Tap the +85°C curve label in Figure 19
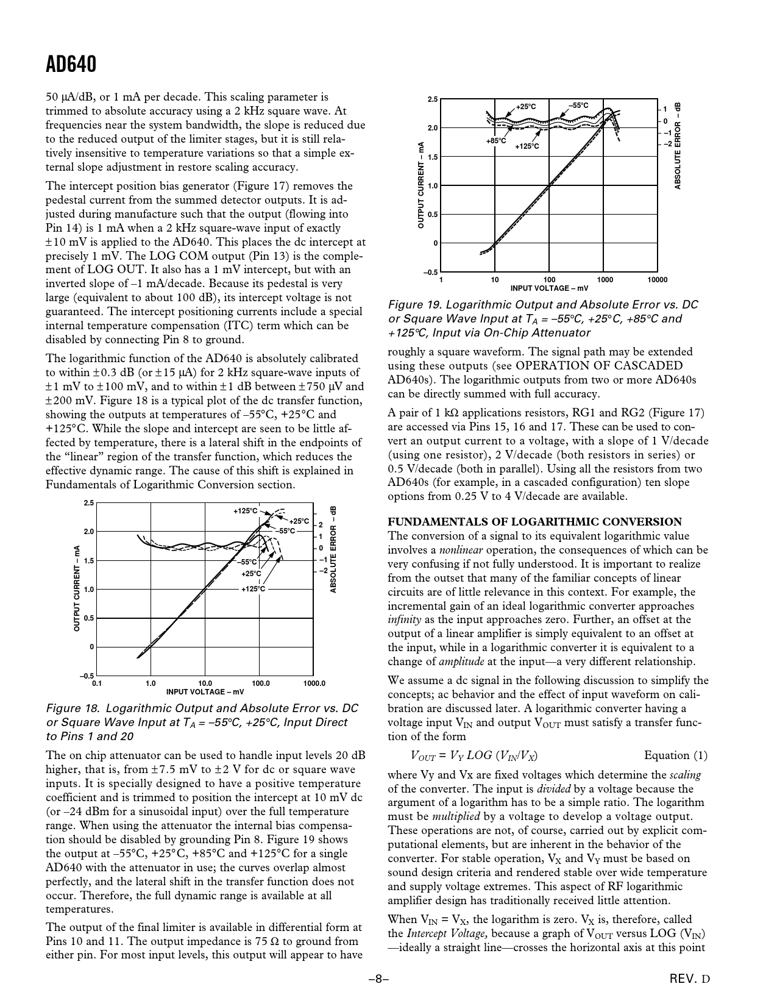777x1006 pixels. pos(496,141)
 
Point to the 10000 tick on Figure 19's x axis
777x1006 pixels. pos(656,280)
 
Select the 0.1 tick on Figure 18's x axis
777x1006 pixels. pos(96,683)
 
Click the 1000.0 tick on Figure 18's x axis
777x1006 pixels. pos(314,683)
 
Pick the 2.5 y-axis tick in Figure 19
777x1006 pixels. pos(432,99)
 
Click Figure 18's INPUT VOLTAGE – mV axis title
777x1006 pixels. pos(205,691)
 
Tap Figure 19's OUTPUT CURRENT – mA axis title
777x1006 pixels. pos(420,185)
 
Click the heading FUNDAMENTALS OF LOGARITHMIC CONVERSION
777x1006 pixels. pos(534,522)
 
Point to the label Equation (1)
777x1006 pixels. pos(676,755)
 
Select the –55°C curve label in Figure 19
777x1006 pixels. pos(578,105)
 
